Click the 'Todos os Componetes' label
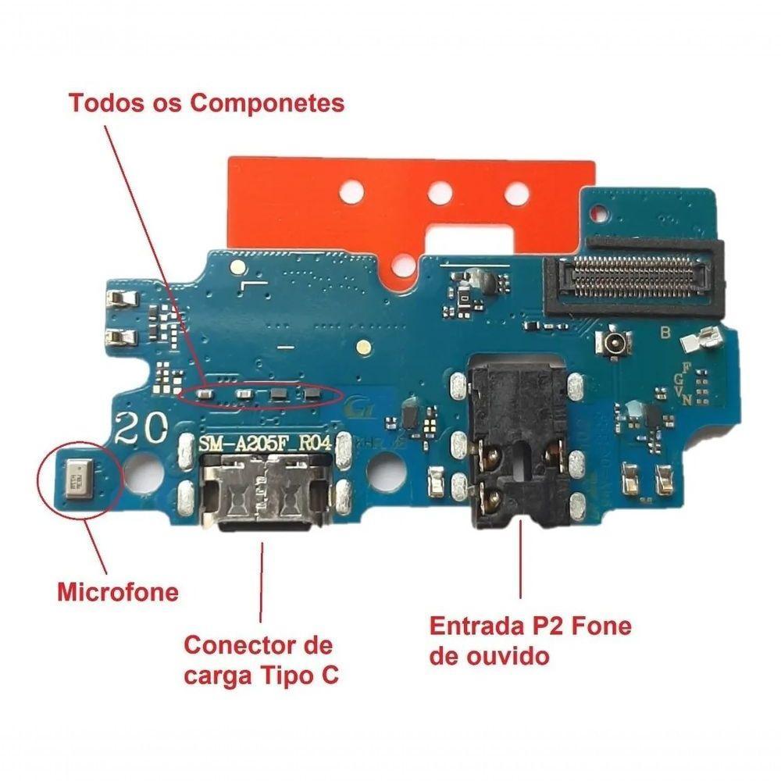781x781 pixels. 207,103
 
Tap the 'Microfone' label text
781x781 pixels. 118,592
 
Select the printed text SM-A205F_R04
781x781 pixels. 266,444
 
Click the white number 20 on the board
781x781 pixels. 141,428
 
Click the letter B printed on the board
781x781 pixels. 665,333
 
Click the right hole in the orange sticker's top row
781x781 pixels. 516,189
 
